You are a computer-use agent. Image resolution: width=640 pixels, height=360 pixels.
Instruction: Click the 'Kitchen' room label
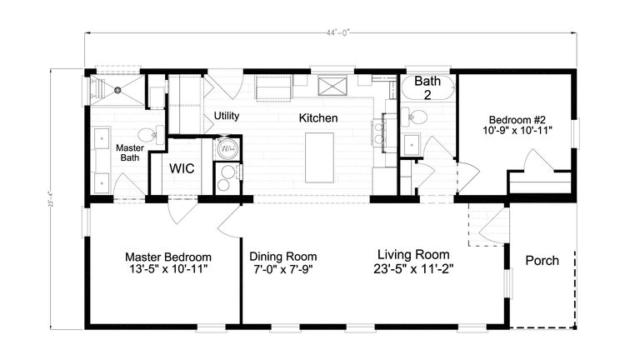[x=319, y=118]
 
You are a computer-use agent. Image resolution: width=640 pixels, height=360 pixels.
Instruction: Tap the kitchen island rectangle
[x=319, y=156]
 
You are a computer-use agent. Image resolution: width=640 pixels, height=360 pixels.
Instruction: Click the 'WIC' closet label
[x=182, y=168]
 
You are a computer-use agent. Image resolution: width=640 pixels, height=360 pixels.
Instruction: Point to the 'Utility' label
[x=227, y=115]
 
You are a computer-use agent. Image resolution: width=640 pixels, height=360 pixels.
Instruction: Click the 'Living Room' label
[x=413, y=254]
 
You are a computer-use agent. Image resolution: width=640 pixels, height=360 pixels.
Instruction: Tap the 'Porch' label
[x=542, y=260]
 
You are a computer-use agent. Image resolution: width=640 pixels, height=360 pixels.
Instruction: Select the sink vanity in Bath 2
[x=412, y=144]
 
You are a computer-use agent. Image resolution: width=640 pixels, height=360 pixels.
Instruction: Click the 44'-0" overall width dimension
[x=337, y=33]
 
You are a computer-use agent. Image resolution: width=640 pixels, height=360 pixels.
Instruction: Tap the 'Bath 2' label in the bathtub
[x=427, y=87]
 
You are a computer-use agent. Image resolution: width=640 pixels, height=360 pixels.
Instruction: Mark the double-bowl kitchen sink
[x=386, y=128]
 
